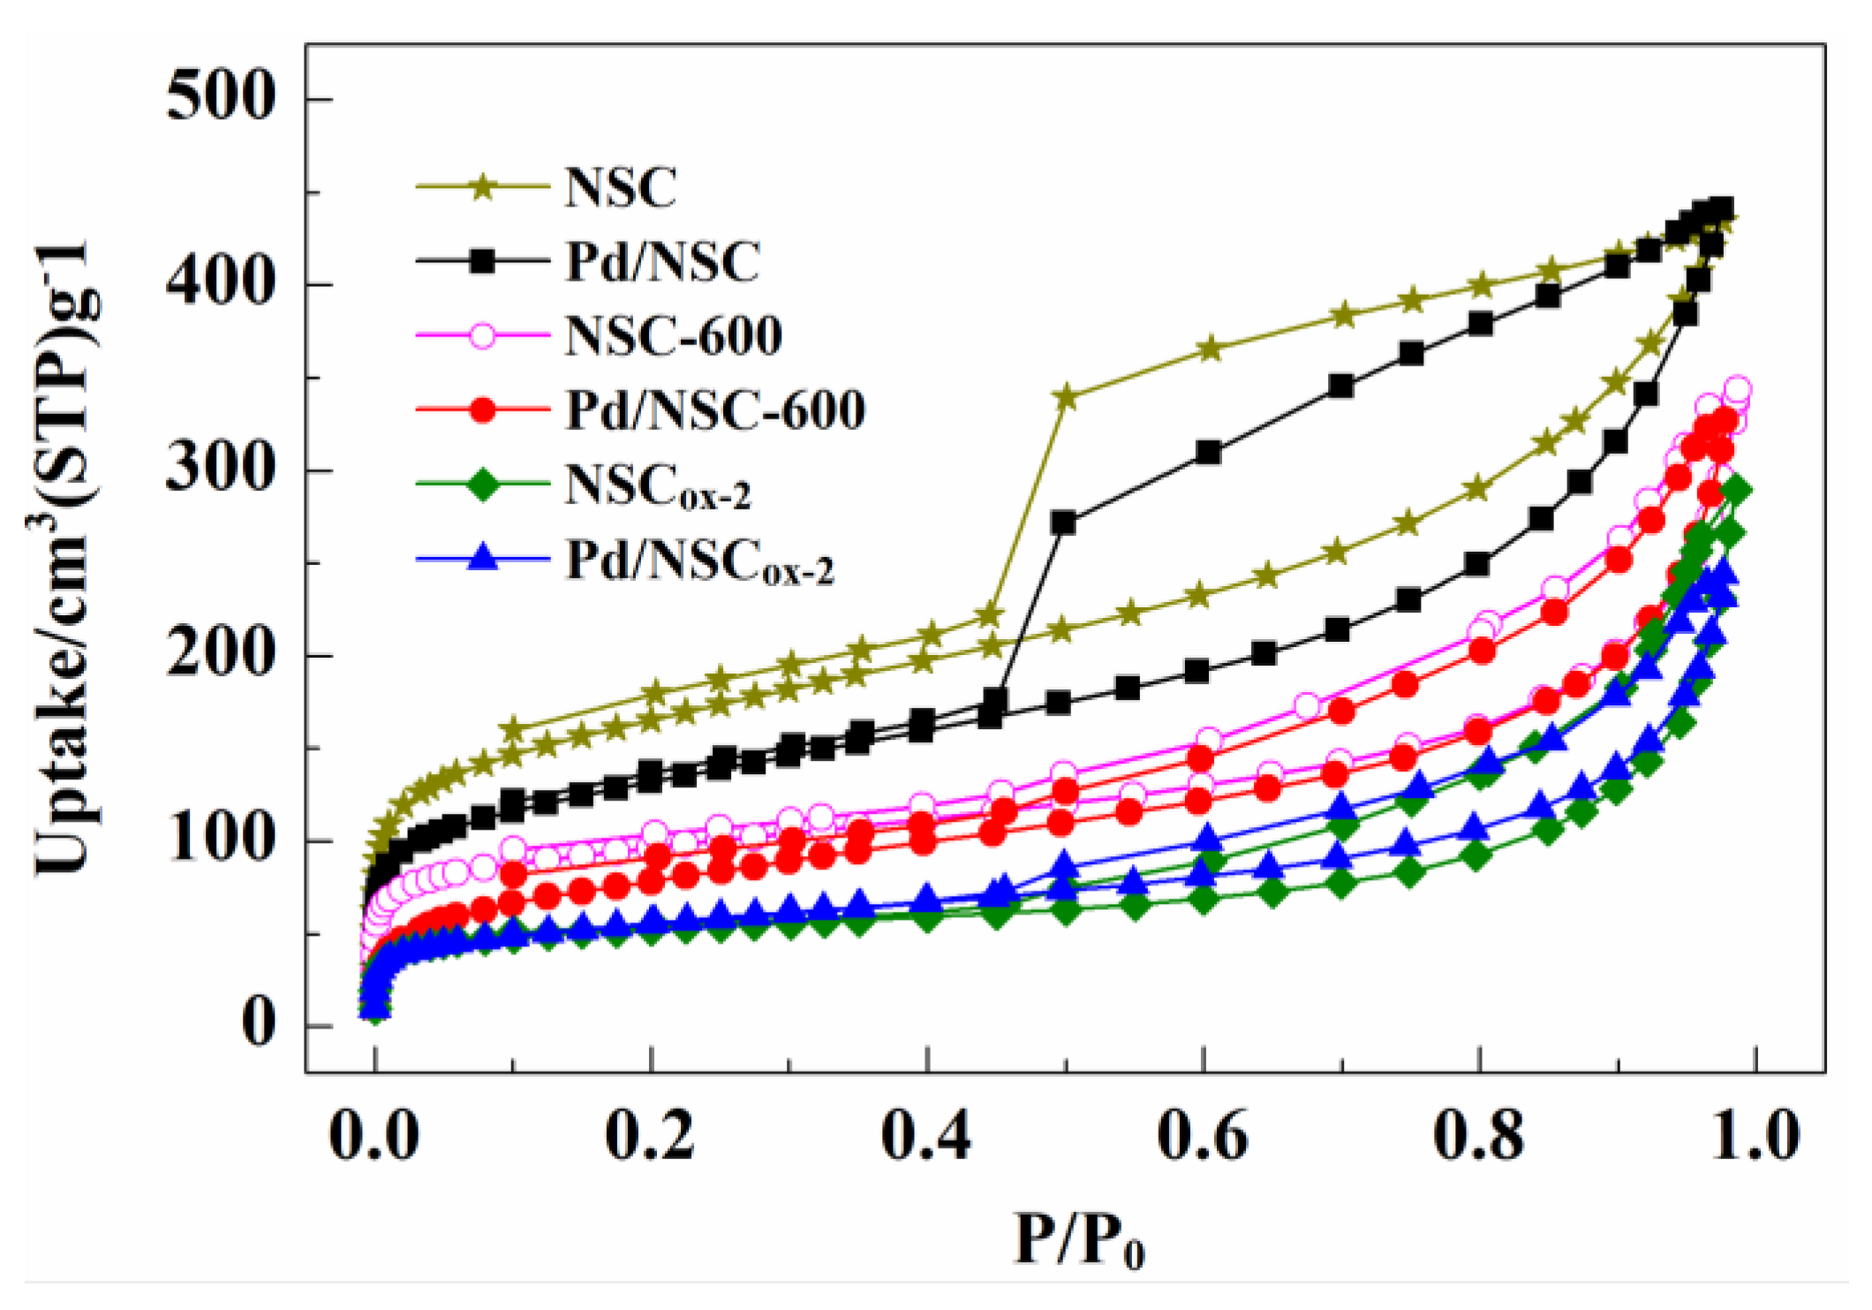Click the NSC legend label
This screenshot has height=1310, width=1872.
pyautogui.click(x=620, y=187)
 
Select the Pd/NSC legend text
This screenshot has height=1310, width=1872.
pyautogui.click(x=662, y=261)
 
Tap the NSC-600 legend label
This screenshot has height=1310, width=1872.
pyautogui.click(x=673, y=335)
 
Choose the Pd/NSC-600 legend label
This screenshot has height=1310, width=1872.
pyautogui.click(x=714, y=410)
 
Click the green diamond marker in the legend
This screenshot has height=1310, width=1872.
pyautogui.click(x=482, y=484)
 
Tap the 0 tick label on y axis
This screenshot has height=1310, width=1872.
pyautogui.click(x=258, y=1026)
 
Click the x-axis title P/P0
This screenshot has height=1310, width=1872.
pyautogui.click(x=1079, y=1241)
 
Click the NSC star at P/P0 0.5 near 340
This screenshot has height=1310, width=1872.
pyautogui.click(x=1066, y=397)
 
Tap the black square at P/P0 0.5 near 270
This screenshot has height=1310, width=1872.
pyautogui.click(x=1064, y=523)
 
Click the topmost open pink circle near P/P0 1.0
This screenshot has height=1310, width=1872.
pyautogui.click(x=1738, y=389)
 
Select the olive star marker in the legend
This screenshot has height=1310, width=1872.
pyautogui.click(x=482, y=187)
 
